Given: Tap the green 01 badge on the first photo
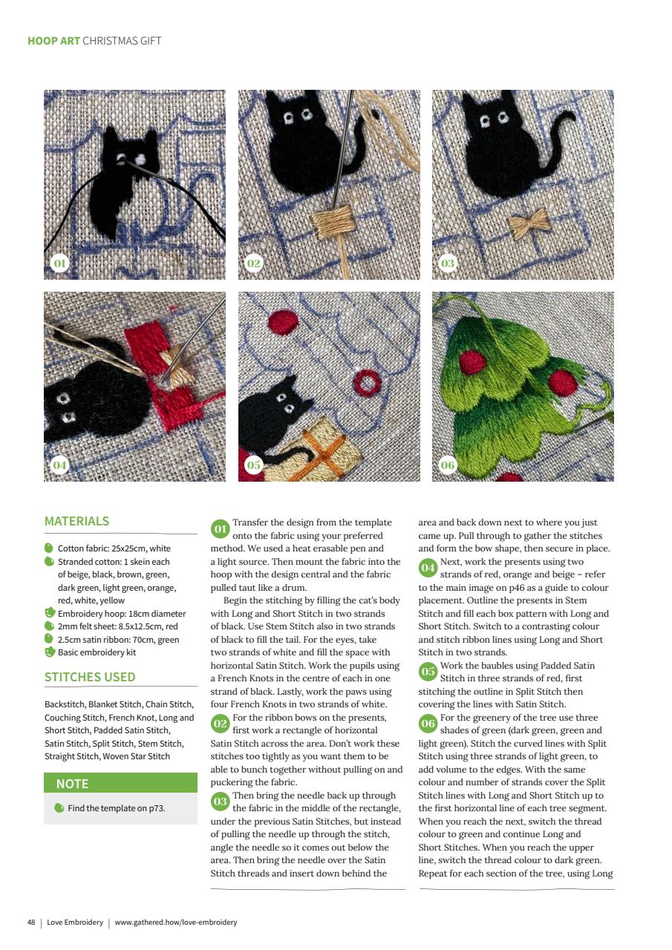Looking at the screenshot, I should pos(60,263).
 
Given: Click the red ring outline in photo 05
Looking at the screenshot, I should pos(365,384).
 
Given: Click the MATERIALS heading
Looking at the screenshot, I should pos(76,521).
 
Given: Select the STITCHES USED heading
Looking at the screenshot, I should pos(90,677).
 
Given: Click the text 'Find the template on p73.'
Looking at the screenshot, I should pos(116,808).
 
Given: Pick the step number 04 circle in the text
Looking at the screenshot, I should pos(428,569).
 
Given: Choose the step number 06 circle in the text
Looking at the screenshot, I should pos(428,724).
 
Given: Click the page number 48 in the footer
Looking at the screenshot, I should pos(31,923).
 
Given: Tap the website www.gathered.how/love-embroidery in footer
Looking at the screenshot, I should pos(176,923).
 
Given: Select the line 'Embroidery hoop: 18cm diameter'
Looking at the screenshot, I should pos(121,614).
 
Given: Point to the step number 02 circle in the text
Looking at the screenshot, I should pos(220,724).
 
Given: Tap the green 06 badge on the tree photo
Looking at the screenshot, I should pos(448,465).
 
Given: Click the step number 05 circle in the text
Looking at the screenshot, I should pos(428,672).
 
